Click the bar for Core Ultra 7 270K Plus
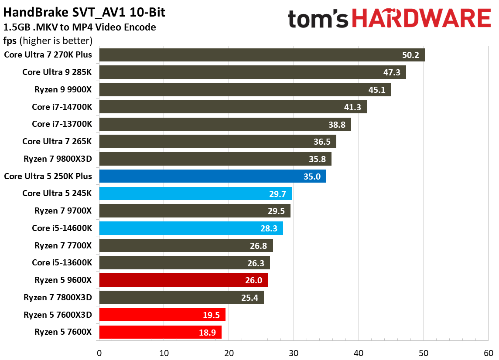point(262,55)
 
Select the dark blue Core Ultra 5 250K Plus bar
point(212,176)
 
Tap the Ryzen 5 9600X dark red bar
point(183,280)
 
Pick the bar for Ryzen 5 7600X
point(160,332)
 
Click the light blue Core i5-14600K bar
point(191,228)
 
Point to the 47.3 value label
point(392,72)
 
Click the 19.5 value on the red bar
point(211,315)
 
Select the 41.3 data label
point(352,107)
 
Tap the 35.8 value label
point(317,159)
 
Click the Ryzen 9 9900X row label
point(63,89)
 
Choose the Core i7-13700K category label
point(62,124)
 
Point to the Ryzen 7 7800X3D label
point(58,298)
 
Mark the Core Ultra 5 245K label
point(57,193)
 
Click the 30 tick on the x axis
point(294,353)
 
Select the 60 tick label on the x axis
point(488,353)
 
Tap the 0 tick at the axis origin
point(99,353)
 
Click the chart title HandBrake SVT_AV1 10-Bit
point(84,13)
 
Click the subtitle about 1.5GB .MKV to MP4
point(79,27)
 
